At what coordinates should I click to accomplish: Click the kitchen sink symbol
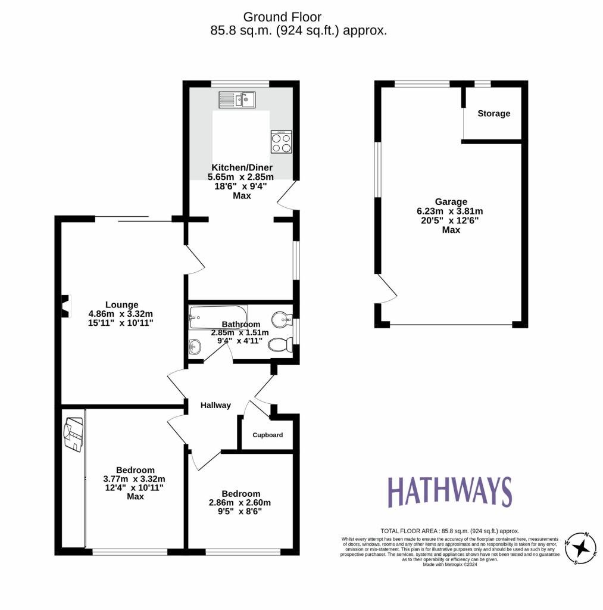click(236, 99)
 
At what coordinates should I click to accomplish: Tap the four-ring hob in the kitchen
click(282, 142)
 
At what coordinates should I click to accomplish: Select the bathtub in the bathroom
click(217, 316)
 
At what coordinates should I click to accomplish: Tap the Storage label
click(493, 113)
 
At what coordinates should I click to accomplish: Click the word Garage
click(450, 202)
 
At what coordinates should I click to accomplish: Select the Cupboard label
click(267, 435)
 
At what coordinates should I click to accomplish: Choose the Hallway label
click(215, 405)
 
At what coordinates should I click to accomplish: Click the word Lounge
click(121, 304)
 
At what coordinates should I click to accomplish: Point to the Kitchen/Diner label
click(240, 167)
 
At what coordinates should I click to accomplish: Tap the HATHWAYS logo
click(449, 492)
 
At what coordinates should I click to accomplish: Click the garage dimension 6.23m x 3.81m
click(450, 211)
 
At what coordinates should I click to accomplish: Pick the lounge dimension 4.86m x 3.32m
click(121, 313)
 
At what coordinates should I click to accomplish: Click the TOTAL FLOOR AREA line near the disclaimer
click(449, 531)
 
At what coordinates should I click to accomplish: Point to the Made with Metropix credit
click(450, 564)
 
